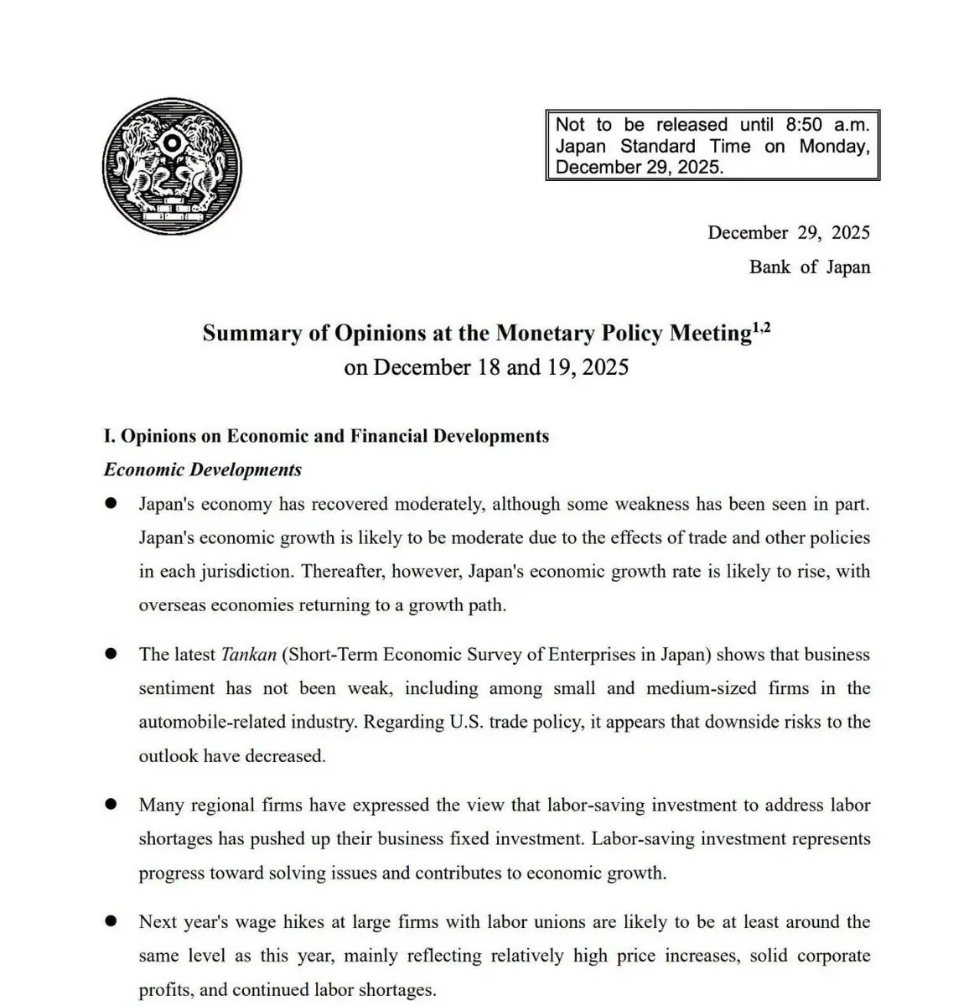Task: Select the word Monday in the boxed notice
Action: [x=833, y=146]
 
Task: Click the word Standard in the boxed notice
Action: [x=657, y=146]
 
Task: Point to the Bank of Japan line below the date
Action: [x=809, y=267]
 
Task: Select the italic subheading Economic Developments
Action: [x=202, y=469]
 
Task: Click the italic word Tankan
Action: [x=248, y=655]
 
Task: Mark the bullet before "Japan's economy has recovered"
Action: [x=111, y=503]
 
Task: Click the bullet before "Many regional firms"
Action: [x=111, y=804]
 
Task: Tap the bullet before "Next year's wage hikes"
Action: [x=111, y=920]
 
